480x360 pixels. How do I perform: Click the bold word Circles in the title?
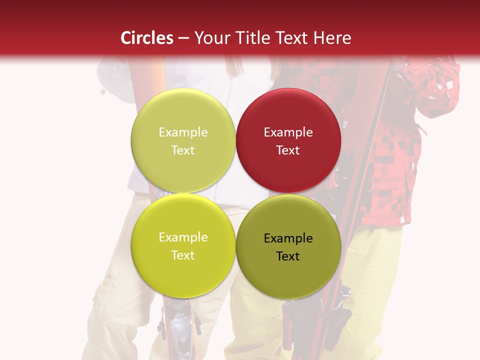146,38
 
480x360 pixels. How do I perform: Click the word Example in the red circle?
288,132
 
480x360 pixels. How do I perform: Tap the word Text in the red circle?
288,150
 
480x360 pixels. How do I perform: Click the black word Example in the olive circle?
288,238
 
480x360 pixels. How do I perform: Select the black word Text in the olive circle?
288,256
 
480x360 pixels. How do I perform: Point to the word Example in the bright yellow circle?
183,237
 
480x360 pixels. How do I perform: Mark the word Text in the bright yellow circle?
183,255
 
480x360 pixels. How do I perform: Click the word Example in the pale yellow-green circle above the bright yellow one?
183,132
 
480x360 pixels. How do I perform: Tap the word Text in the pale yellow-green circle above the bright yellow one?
183,150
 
